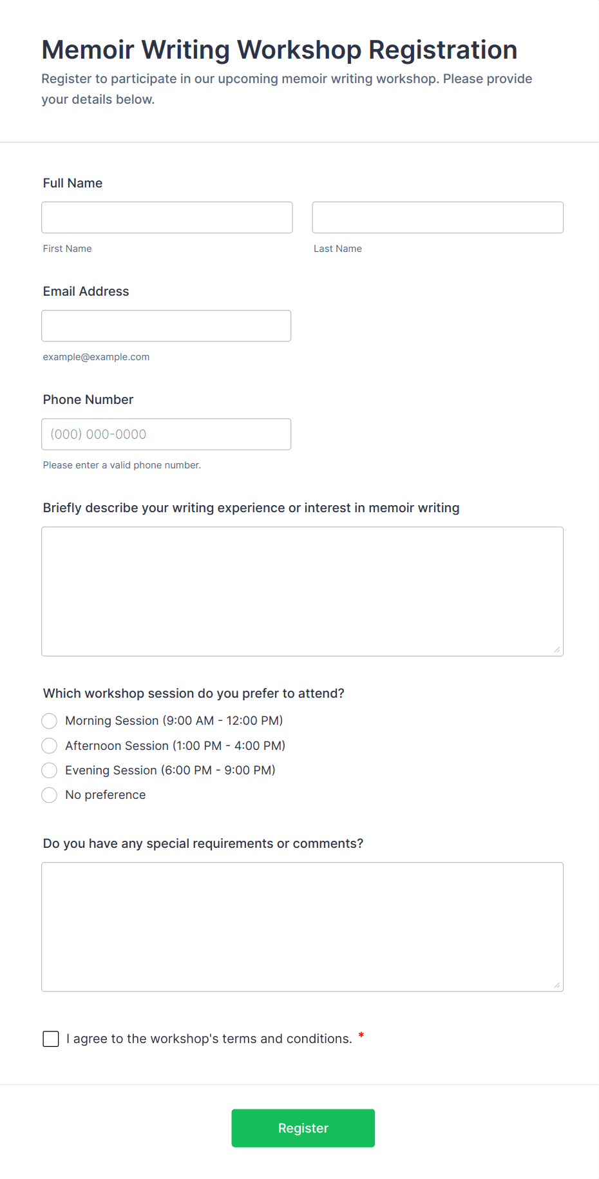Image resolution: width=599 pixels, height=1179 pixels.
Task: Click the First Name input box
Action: click(x=167, y=218)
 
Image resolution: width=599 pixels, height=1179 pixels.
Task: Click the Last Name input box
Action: click(x=437, y=218)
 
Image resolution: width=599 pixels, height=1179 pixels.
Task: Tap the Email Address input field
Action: click(x=166, y=326)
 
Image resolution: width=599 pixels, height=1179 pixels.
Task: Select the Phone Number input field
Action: click(x=166, y=434)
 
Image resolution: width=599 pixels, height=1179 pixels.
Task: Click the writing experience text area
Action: click(x=302, y=591)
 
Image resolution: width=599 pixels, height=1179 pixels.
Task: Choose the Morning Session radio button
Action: click(x=50, y=721)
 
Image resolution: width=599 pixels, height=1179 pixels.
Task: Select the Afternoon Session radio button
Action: click(x=50, y=746)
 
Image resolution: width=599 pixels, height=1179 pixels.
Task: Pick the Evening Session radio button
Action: click(x=50, y=771)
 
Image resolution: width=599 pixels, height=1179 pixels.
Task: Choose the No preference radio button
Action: click(x=50, y=795)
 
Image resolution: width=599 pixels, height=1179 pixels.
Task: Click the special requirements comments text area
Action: click(x=302, y=926)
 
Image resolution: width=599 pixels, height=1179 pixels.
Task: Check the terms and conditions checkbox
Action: click(x=51, y=1039)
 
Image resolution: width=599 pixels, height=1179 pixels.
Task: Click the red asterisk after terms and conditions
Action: click(x=361, y=1035)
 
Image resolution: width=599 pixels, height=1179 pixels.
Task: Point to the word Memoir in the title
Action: click(x=88, y=50)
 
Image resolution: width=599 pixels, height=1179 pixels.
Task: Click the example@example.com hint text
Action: click(x=96, y=357)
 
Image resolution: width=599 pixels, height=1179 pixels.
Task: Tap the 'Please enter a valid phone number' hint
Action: click(x=122, y=465)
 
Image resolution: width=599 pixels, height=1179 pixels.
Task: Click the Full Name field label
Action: click(x=73, y=183)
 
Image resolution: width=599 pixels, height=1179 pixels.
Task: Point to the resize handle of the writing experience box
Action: click(x=557, y=649)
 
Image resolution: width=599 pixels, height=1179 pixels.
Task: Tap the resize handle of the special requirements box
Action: click(x=557, y=985)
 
